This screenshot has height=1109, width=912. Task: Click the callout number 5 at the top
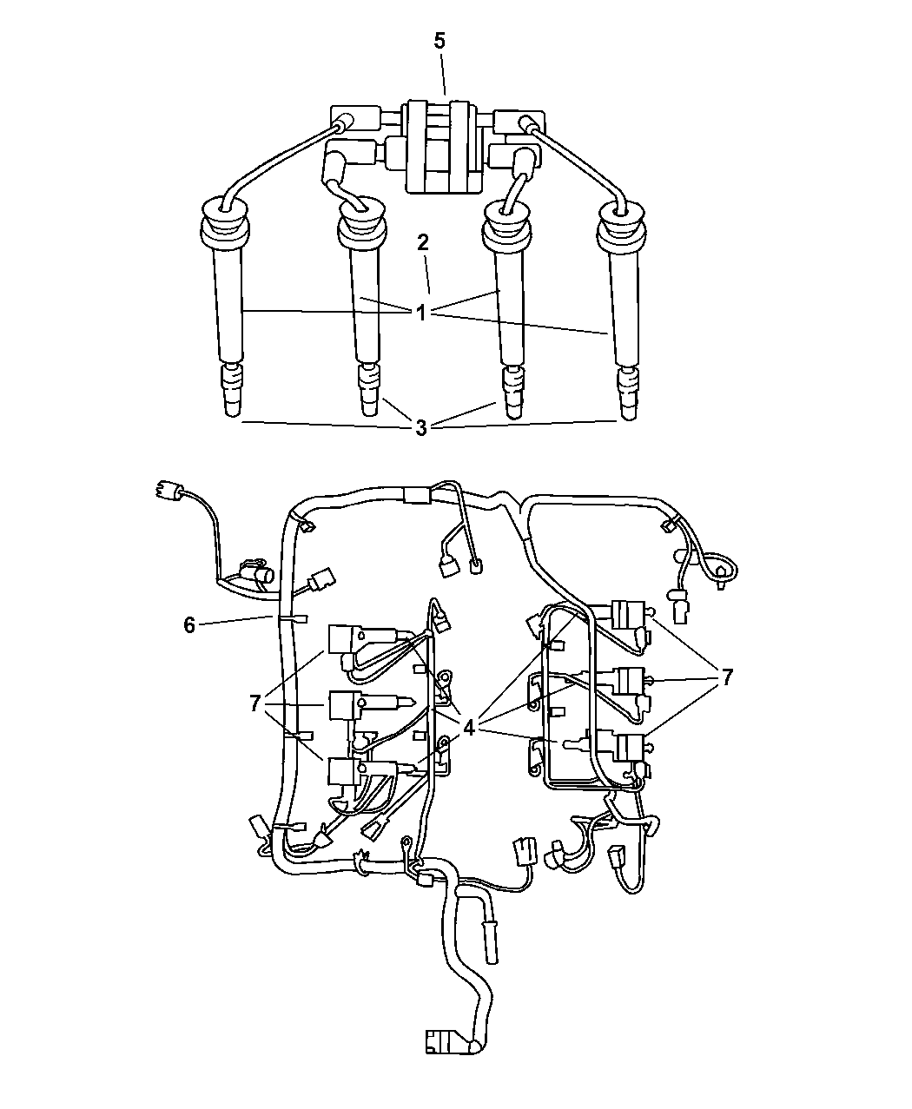(x=439, y=41)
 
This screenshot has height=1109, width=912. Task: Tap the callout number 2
(x=422, y=242)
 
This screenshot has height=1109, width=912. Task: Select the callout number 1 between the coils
(x=420, y=313)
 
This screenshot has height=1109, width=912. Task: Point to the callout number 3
(x=421, y=428)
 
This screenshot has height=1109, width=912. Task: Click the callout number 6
(x=189, y=625)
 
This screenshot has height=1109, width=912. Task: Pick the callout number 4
(x=469, y=729)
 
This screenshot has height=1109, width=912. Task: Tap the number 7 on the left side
(x=255, y=703)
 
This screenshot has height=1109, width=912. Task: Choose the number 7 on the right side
(x=726, y=677)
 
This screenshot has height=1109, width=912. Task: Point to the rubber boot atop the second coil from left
(x=362, y=224)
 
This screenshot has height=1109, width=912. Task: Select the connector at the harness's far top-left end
(x=167, y=491)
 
